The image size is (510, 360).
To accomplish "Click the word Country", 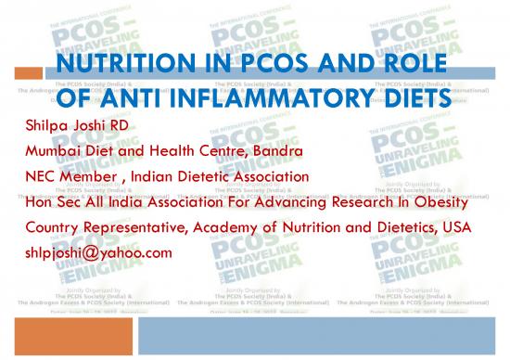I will [47, 226].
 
